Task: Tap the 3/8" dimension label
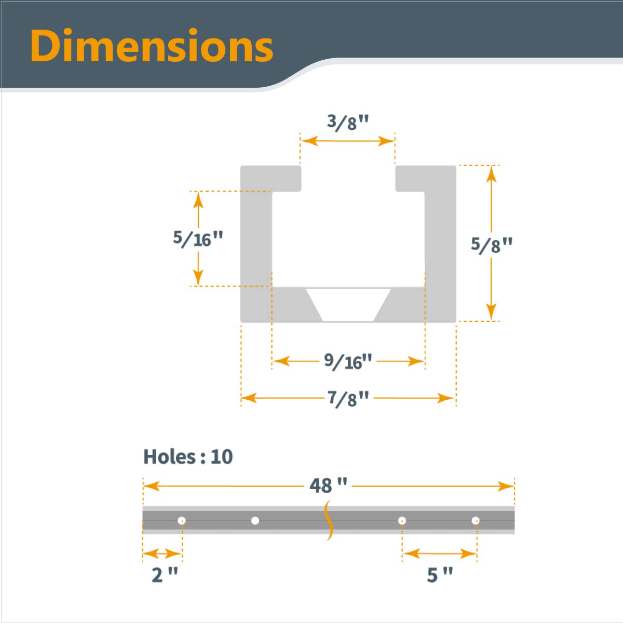tap(348, 123)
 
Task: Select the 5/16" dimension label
tap(198, 239)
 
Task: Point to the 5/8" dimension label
tap(491, 244)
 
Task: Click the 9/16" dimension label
tap(348, 361)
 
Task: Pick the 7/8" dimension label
tap(348, 398)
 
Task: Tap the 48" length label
tap(328, 485)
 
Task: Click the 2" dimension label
tap(165, 575)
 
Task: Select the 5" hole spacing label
tap(440, 575)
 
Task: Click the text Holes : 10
tap(188, 457)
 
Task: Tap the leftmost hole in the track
tap(182, 520)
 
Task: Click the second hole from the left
tap(255, 520)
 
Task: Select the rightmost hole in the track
tap(476, 520)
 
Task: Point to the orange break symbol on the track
tap(328, 520)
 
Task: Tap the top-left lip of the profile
tap(271, 178)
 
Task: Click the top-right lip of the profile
tap(425, 178)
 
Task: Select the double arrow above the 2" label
tap(162, 554)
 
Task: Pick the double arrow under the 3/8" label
tap(348, 141)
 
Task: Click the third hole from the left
tap(402, 520)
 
